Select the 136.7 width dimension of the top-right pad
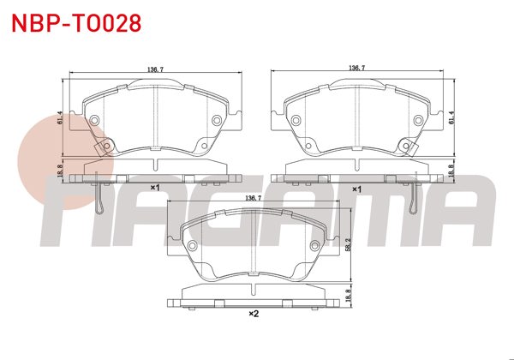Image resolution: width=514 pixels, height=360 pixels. pos(357,67)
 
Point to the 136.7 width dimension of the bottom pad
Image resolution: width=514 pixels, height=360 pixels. pos(254,198)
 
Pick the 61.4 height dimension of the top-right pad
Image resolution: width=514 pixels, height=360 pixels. pos(451,118)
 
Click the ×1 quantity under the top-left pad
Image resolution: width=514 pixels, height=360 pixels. pos(155,187)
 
